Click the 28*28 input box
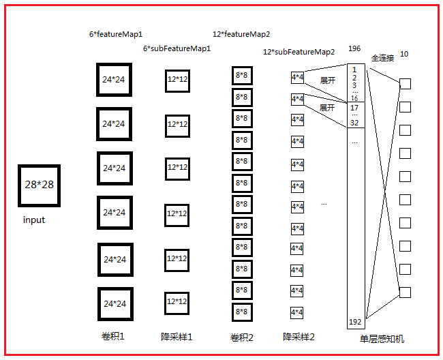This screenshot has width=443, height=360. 40,185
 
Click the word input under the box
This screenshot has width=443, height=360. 34,220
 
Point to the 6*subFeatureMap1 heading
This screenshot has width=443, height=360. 177,49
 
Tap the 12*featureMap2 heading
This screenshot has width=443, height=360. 241,33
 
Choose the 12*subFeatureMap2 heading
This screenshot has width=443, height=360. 299,52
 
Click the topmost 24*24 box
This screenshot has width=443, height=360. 114,80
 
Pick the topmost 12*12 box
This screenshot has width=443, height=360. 177,80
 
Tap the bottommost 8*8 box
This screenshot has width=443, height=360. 241,312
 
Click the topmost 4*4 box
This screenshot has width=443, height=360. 297,78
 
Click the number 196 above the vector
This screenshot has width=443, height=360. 354,49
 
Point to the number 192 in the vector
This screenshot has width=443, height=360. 354,322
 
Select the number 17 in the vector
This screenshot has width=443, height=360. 354,108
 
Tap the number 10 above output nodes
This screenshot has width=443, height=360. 404,54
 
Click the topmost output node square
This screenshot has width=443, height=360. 405,84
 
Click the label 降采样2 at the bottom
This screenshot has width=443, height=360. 299,337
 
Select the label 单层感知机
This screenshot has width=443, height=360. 382,339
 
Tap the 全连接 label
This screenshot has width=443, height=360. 382,58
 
